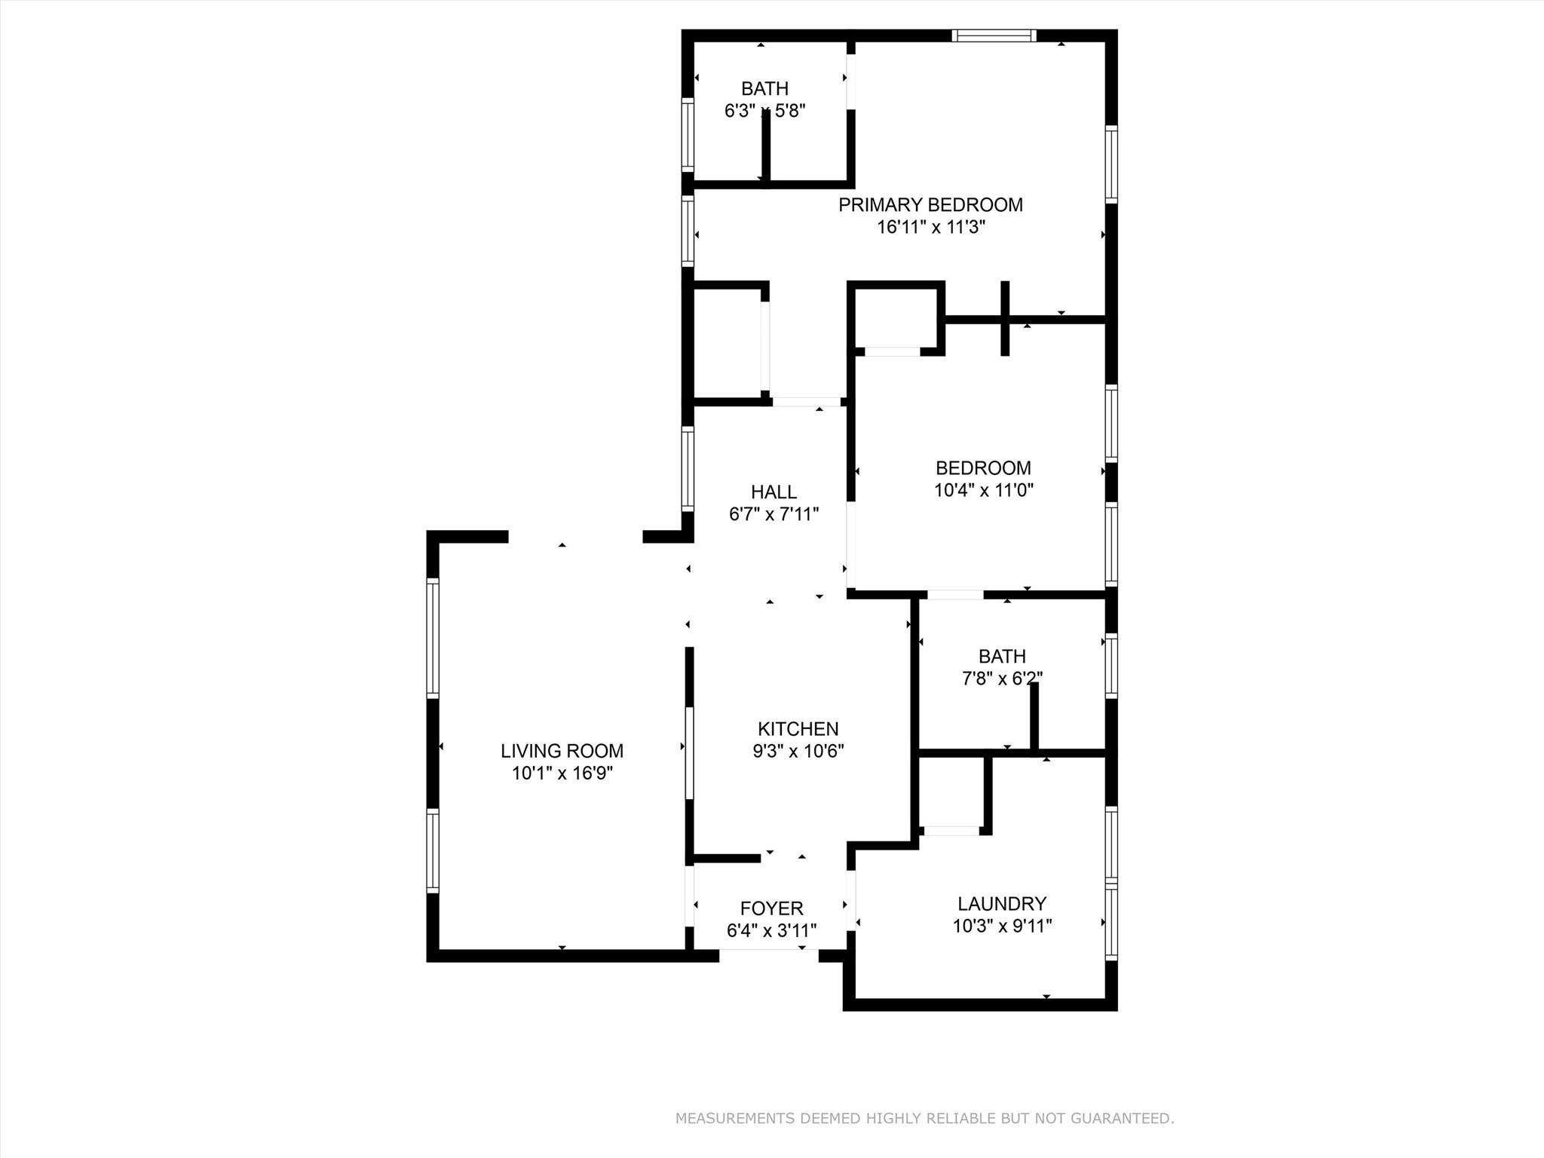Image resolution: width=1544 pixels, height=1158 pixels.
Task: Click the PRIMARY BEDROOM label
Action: [930, 205]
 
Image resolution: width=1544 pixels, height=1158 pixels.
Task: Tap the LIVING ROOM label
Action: [562, 751]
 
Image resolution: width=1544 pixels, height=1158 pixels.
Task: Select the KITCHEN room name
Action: [798, 729]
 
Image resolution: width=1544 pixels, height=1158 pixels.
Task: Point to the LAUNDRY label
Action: [1002, 903]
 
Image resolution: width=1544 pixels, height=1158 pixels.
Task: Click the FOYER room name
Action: [771, 908]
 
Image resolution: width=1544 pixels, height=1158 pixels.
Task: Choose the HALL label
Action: [774, 492]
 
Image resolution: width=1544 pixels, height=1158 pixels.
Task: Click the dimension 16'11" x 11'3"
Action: [930, 227]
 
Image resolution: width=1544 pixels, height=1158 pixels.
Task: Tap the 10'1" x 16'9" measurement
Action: [562, 773]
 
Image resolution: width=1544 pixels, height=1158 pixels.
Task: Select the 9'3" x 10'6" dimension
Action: [798, 751]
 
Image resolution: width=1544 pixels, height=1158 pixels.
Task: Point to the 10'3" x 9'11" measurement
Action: [1002, 926]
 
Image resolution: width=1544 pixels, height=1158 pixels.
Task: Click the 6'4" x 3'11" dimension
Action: [771, 931]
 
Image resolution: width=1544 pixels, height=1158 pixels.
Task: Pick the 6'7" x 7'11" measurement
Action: [774, 514]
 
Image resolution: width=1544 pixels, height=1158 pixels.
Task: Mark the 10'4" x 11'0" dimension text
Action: [983, 490]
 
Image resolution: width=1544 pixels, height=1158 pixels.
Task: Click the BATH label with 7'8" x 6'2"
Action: [1002, 656]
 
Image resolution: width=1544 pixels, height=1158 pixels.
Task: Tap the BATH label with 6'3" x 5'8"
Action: [764, 88]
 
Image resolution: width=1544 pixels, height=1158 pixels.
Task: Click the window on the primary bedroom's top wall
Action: [994, 35]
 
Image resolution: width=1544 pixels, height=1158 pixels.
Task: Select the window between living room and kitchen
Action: [689, 752]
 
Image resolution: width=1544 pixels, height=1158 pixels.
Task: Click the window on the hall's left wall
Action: [687, 468]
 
